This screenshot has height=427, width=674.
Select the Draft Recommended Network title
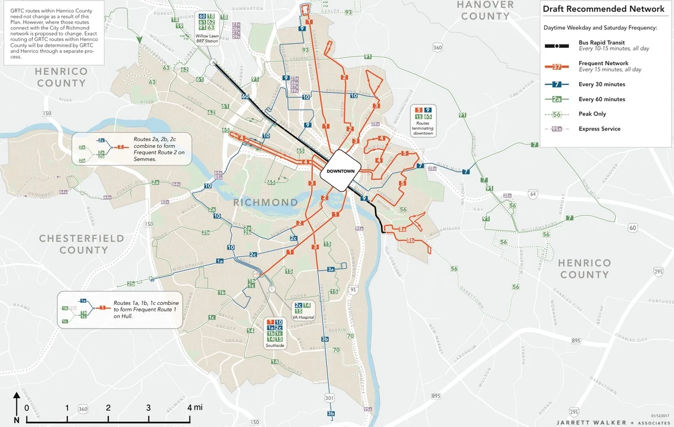(x=603, y=9)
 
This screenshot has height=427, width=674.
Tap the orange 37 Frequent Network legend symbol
(x=557, y=67)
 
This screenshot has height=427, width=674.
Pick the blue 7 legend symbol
(x=557, y=84)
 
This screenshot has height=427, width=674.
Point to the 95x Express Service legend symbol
(x=557, y=129)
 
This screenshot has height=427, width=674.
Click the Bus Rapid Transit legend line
(x=557, y=46)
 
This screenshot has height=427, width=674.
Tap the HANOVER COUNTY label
(x=485, y=10)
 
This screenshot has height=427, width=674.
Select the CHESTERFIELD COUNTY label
(x=81, y=244)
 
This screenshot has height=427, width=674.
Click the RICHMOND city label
(x=266, y=202)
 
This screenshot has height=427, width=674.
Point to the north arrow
(x=16, y=408)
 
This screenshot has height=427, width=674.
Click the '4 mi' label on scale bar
(x=194, y=407)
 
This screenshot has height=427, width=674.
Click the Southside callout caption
(x=275, y=346)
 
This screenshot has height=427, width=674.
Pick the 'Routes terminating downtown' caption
(x=424, y=127)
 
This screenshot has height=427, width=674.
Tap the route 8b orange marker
(x=411, y=240)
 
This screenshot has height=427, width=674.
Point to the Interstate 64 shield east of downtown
(x=533, y=195)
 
